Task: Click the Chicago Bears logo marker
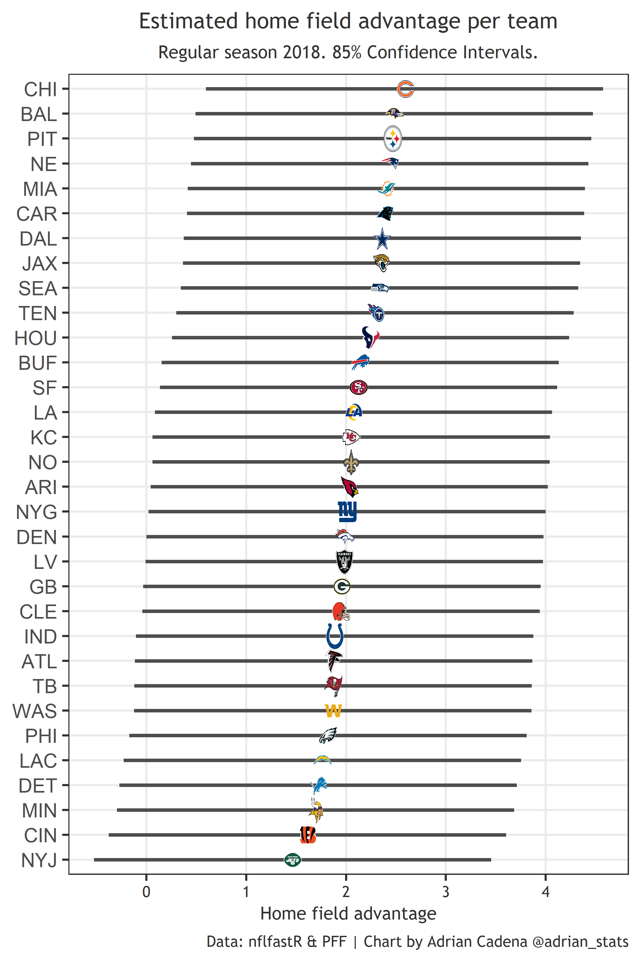click(x=405, y=89)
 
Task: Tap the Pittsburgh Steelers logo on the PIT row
click(x=393, y=139)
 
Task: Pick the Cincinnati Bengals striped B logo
click(x=308, y=835)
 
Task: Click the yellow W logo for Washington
click(x=333, y=711)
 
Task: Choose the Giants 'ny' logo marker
click(x=347, y=512)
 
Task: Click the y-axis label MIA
click(x=40, y=189)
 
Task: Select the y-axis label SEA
click(x=38, y=288)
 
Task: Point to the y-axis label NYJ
click(x=39, y=860)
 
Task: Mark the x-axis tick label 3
click(x=445, y=892)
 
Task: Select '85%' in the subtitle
click(x=347, y=52)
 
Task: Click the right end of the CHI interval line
click(x=602, y=89)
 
